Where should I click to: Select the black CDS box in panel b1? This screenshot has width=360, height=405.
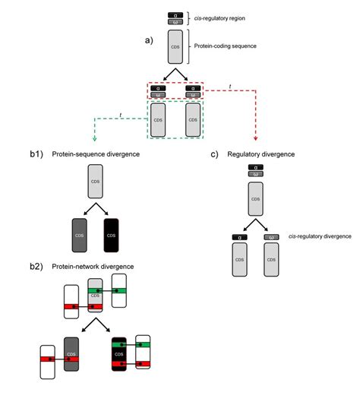click(x=111, y=234)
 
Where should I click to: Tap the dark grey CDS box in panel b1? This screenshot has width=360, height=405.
click(x=79, y=234)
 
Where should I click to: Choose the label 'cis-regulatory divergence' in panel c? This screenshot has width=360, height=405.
click(x=320, y=236)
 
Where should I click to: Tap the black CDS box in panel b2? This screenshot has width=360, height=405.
click(x=118, y=354)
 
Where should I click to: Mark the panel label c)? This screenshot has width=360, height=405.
click(x=215, y=154)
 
